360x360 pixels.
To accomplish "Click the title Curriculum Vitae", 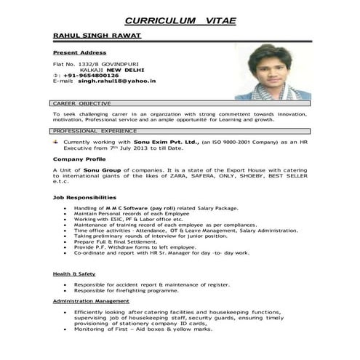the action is pos(180,20).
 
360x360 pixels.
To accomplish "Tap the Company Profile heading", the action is pos(79,159).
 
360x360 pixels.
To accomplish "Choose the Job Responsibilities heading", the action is pos(84,198).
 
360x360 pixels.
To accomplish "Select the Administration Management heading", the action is pos(91,301).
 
